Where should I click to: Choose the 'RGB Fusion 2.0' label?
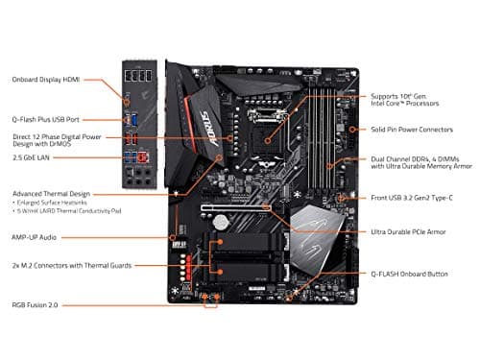[x=36, y=306]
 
